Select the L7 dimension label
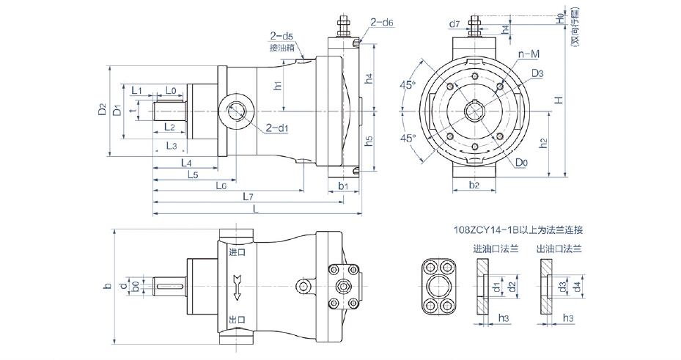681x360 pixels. point(249,197)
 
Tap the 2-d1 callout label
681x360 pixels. point(276,128)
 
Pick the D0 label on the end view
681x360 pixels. point(521,161)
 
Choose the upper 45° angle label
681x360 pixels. point(406,86)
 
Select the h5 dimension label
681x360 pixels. point(369,139)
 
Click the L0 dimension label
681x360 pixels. point(170,90)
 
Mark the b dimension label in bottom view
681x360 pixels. point(107,284)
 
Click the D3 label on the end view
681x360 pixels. point(537,73)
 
